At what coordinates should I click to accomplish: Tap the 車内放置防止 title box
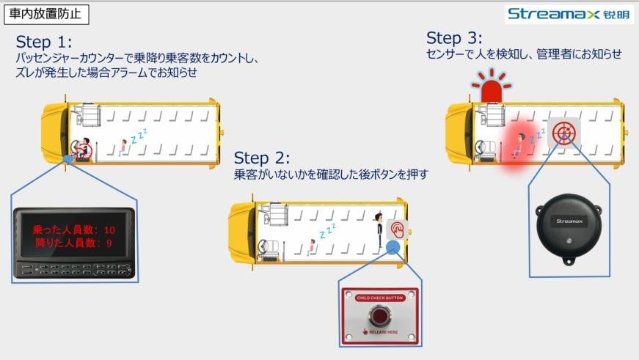pyautogui.click(x=45, y=13)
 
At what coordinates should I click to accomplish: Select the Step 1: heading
pyautogui.click(x=44, y=41)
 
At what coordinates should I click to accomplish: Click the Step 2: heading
pyautogui.click(x=262, y=158)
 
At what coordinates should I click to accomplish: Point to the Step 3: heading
pyautogui.click(x=454, y=38)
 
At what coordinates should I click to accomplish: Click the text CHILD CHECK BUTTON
pyautogui.click(x=379, y=298)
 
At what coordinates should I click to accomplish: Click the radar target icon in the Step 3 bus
pyautogui.click(x=563, y=132)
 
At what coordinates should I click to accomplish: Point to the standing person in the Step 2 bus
pyautogui.click(x=379, y=226)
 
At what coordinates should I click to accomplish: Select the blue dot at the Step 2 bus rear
pyautogui.click(x=393, y=247)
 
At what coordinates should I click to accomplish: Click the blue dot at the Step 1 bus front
pyautogui.click(x=68, y=158)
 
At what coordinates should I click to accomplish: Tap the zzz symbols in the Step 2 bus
pyautogui.click(x=327, y=231)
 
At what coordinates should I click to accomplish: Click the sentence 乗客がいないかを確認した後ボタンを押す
pyautogui.click(x=330, y=175)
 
